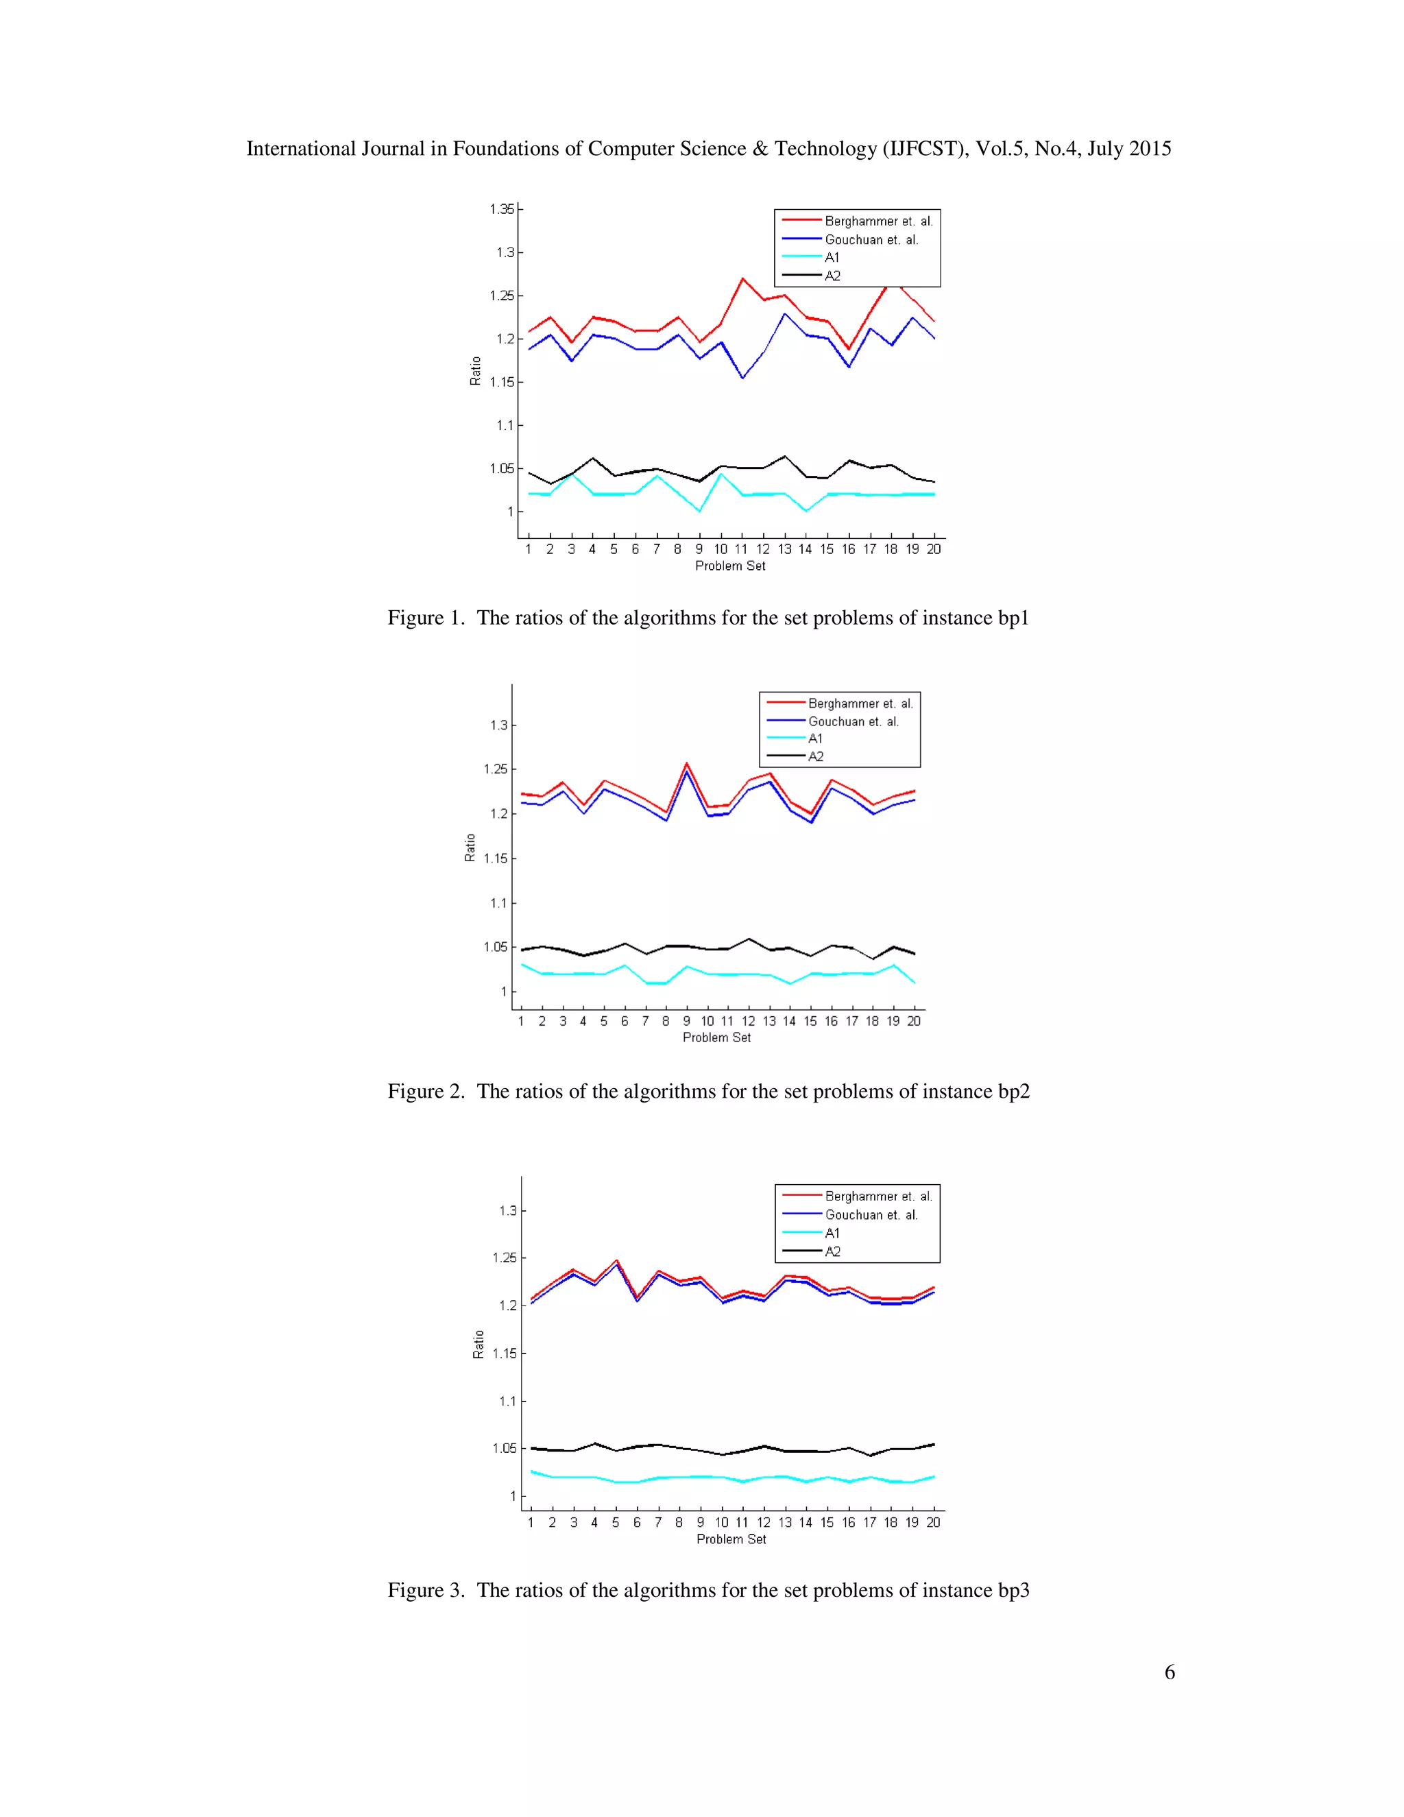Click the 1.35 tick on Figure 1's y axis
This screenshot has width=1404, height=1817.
coord(502,209)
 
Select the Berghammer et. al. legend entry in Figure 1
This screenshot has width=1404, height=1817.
coord(878,221)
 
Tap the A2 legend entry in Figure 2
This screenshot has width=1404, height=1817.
coord(815,756)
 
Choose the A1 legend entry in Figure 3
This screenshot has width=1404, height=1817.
coord(832,1233)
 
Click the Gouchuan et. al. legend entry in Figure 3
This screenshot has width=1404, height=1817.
coord(871,1215)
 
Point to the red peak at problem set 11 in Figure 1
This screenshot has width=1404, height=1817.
coord(742,278)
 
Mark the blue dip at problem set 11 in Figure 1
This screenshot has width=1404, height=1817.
coord(742,378)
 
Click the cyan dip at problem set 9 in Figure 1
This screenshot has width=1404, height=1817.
coord(699,510)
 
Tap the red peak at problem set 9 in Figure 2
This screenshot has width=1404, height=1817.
coord(686,763)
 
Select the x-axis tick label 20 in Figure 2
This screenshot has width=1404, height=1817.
coord(913,1021)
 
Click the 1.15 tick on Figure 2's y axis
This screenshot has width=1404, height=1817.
coord(495,858)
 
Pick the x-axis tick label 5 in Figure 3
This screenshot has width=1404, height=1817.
coord(616,1521)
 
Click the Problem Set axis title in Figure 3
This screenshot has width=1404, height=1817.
coord(731,1539)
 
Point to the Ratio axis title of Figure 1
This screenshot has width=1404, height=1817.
coord(475,371)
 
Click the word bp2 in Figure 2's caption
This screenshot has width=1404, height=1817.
coord(1013,1091)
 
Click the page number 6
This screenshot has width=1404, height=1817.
coord(1170,1672)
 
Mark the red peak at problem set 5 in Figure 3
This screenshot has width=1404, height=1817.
coord(616,1260)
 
